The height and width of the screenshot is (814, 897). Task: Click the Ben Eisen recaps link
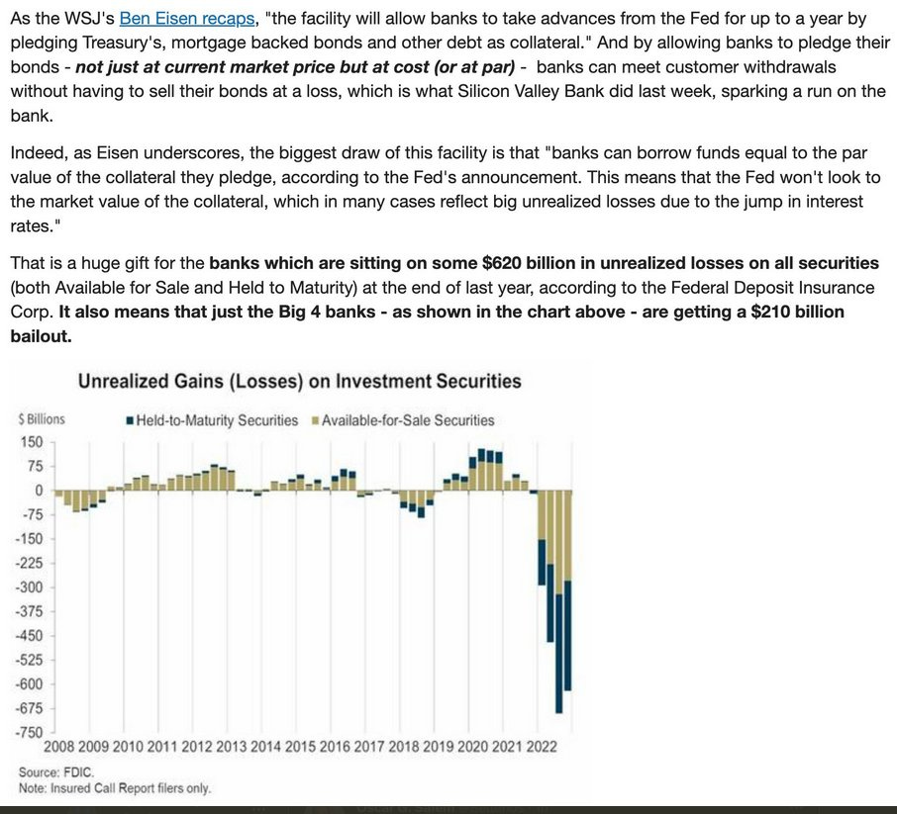pos(186,19)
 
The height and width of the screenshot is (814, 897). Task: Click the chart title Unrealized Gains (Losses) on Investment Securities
pos(299,381)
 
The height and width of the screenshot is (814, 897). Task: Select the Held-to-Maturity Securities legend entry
pos(217,420)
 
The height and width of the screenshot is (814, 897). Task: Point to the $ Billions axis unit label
pos(42,419)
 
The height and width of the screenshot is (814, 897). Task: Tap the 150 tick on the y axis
pos(32,442)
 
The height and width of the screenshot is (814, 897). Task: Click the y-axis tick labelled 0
pos(39,491)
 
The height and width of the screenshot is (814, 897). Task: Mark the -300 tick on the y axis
pos(29,588)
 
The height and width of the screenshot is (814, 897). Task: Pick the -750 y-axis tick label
pos(29,733)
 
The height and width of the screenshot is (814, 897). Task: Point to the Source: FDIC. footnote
pos(50,771)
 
